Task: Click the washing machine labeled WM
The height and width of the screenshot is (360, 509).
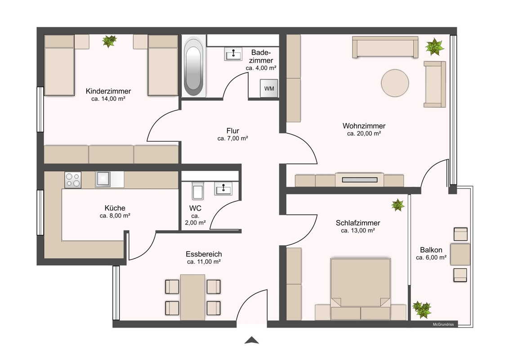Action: coord(269,88)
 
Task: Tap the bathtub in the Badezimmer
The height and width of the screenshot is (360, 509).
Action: coord(193,67)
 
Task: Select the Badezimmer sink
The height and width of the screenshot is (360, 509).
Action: coord(233,54)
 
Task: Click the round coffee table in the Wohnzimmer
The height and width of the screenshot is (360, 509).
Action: coord(395,83)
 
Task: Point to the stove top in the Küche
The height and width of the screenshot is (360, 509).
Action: coord(73,180)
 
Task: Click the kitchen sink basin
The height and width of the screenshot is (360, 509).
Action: coord(103,179)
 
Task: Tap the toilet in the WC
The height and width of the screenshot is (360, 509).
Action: coord(198,191)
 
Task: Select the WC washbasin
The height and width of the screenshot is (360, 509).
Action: coord(223,189)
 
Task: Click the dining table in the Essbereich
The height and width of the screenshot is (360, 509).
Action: coord(192,297)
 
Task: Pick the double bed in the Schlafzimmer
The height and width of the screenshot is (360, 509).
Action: coord(360,288)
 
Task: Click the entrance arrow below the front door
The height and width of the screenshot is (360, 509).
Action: coord(252,340)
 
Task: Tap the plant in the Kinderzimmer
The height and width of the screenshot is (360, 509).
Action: coord(109,41)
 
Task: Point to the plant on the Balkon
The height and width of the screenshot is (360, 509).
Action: coord(422,309)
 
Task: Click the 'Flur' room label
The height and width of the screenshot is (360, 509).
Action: coord(233,130)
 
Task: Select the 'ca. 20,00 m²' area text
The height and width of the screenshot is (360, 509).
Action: coord(364,134)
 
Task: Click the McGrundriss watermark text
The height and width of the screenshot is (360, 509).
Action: coord(443,324)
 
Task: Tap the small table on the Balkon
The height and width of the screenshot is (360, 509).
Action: coord(460,254)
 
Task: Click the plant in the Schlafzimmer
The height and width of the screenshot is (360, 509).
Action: coord(397,205)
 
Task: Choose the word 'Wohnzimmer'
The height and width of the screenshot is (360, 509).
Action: coord(364,126)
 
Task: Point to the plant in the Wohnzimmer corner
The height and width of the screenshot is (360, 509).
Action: coord(434,46)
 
